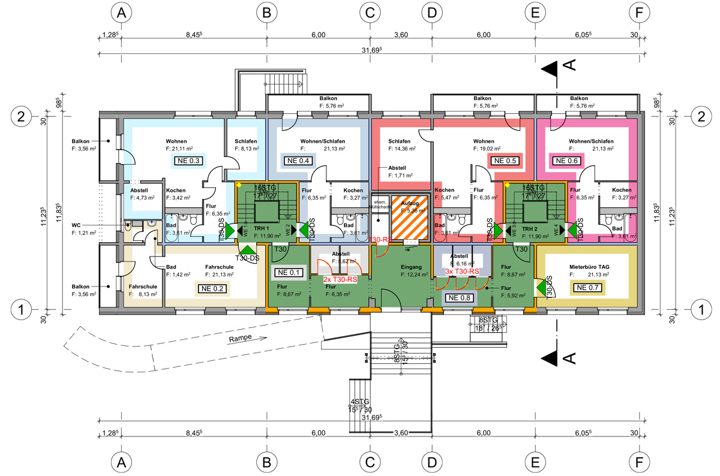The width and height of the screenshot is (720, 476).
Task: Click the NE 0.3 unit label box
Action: pyautogui.click(x=187, y=160)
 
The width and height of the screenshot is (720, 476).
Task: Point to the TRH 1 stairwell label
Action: pyautogui.click(x=261, y=229)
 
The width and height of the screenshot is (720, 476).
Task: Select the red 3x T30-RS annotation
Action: pyautogui.click(x=461, y=272)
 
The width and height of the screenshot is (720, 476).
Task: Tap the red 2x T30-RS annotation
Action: pyautogui.click(x=340, y=279)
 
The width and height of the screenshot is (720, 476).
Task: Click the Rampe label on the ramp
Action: pyautogui.click(x=240, y=339)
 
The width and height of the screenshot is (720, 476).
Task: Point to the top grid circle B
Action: pyautogui.click(x=266, y=11)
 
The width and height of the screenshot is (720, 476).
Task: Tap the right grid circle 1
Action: pyautogui.click(x=700, y=310)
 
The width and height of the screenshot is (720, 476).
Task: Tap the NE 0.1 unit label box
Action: pyautogui.click(x=289, y=273)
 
